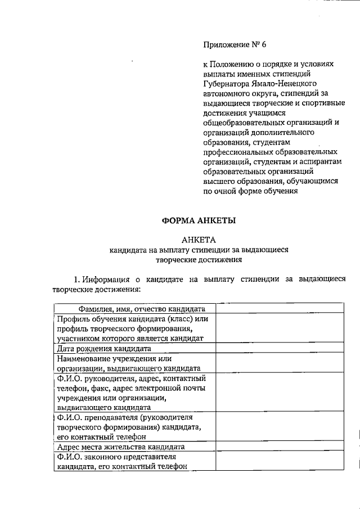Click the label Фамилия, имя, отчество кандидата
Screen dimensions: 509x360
(x=134, y=309)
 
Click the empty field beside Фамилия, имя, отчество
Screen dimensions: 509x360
(x=279, y=309)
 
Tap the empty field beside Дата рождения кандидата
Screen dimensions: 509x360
(x=279, y=349)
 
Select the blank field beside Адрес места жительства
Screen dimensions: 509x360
(x=279, y=447)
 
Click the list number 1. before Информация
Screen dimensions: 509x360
(x=78, y=280)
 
